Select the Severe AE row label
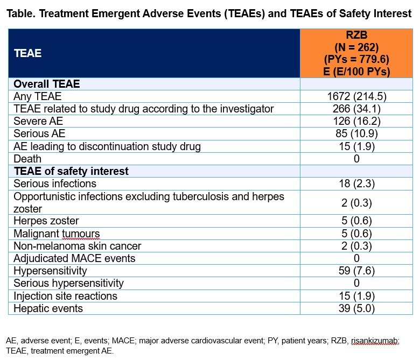pyautogui.click(x=38, y=121)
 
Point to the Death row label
pyautogui.click(x=27, y=159)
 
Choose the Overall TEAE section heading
pyautogui.click(x=46, y=84)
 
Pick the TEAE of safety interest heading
pyautogui.click(x=71, y=171)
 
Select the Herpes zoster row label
pyautogui.click(x=46, y=221)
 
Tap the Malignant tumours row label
pyautogui.click(x=57, y=234)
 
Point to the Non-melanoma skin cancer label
pyautogui.click(x=78, y=246)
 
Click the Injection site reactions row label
pyautogui.click(x=65, y=296)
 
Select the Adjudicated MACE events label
pyautogui.click(x=74, y=258)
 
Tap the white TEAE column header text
pyautogui.click(x=27, y=53)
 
